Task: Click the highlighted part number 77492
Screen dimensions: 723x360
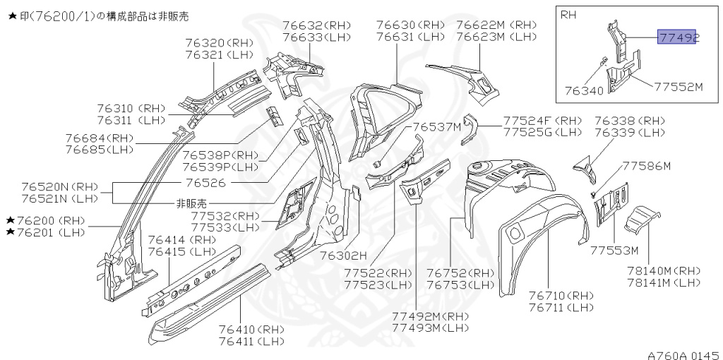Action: pos(678,37)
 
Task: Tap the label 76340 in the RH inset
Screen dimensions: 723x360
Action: pos(583,91)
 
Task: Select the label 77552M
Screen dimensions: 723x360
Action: pos(679,87)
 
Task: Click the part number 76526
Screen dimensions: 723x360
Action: pos(208,181)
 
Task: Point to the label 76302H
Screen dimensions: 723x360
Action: pos(344,255)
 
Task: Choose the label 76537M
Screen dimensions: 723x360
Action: pos(437,127)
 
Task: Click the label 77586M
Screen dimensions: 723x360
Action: pos(646,166)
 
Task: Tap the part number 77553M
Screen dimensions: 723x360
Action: pos(614,251)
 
